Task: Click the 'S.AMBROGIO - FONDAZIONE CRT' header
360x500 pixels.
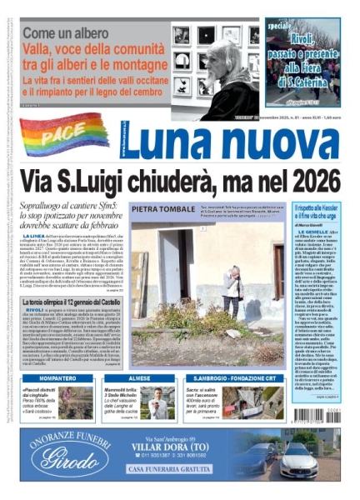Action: click(x=237, y=377)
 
